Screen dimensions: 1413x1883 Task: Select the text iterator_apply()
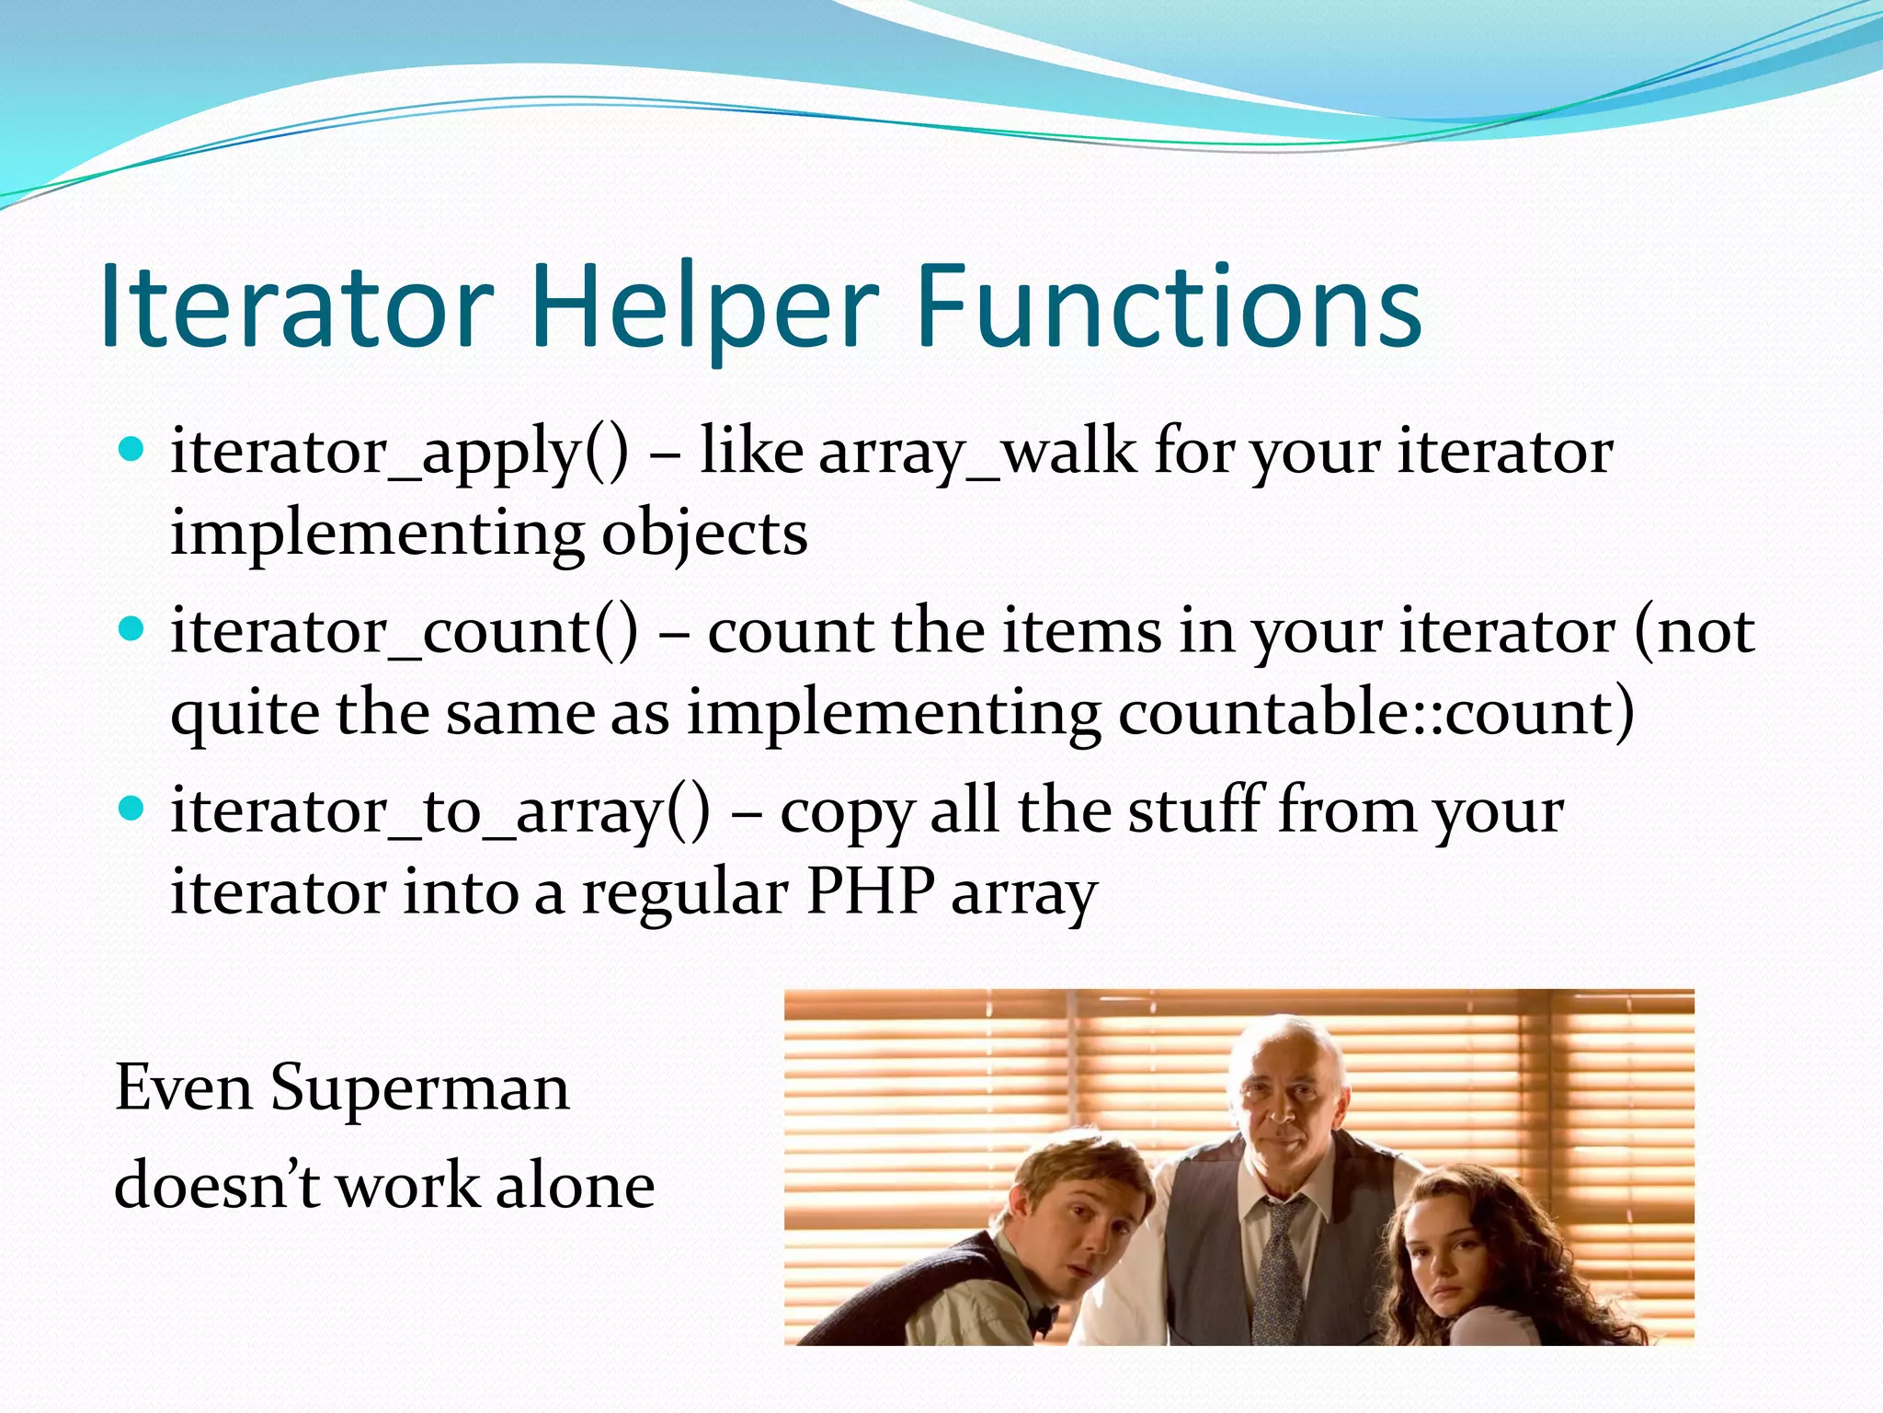tap(400, 453)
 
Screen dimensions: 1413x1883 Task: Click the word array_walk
tap(977, 453)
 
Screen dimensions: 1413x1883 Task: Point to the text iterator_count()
tap(404, 632)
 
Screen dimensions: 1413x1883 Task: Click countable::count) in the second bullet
tap(1376, 713)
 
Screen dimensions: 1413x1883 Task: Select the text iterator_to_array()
tap(440, 811)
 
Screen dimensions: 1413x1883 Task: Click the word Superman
tap(420, 1088)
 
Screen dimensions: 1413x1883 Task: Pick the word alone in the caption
tap(576, 1186)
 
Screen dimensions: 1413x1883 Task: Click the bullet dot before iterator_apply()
tap(132, 450)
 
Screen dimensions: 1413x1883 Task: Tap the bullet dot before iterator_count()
tap(132, 629)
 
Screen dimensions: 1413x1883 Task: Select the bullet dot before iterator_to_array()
tap(132, 809)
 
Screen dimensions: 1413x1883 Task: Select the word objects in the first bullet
tap(704, 534)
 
